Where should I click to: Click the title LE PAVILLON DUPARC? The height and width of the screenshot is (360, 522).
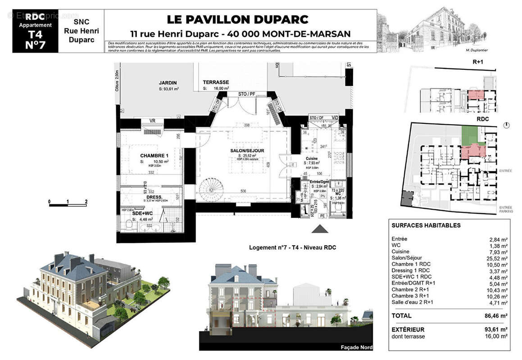click(237, 19)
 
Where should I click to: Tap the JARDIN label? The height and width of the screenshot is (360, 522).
click(168, 83)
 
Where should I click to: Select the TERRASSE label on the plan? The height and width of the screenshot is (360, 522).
click(216, 82)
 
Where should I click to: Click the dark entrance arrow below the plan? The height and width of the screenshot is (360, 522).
click(320, 229)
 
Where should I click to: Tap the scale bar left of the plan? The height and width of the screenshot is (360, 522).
click(68, 205)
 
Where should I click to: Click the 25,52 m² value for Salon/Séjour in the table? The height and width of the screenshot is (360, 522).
click(498, 258)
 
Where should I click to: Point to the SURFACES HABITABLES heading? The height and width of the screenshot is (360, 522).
click(420, 225)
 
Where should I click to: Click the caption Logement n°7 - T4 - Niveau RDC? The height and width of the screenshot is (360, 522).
click(292, 247)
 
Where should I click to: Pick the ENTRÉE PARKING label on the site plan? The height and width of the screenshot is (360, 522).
click(505, 209)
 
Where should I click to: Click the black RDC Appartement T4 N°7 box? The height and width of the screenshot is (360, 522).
click(35, 31)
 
